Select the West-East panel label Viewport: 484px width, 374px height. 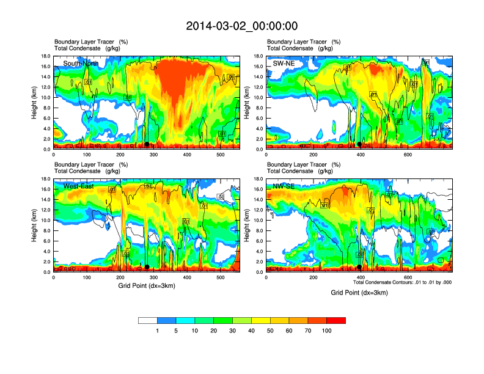click(x=78, y=186)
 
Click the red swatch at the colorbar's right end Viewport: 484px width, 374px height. click(x=336, y=320)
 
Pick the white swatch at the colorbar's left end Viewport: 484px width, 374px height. click(x=148, y=320)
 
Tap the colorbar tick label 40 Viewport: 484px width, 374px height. click(x=251, y=331)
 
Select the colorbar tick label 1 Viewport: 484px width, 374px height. click(x=157, y=331)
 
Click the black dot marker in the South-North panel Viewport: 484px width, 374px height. click(x=147, y=144)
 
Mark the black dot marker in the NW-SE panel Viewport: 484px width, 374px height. click(x=360, y=267)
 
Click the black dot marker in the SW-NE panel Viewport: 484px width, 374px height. click(x=360, y=144)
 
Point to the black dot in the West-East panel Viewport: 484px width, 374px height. click(x=147, y=267)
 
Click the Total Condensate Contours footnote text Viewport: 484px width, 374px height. click(x=402, y=282)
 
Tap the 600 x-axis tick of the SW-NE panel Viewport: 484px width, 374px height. click(x=408, y=155)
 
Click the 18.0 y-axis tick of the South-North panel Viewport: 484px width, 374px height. click(x=45, y=56)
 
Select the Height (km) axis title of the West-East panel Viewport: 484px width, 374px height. click(x=34, y=226)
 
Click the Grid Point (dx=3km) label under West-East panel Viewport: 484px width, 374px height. click(x=147, y=285)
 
